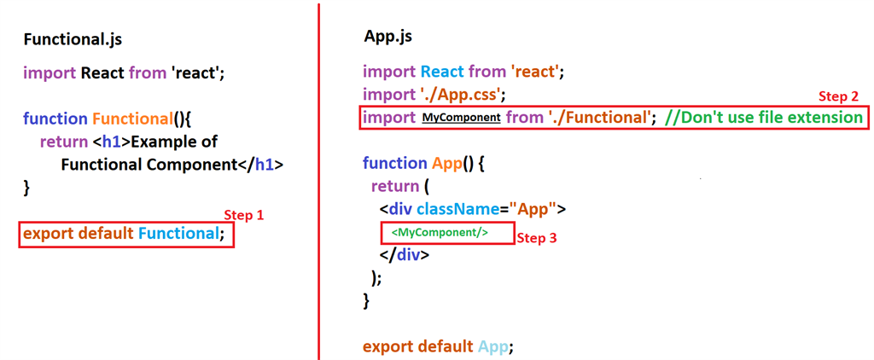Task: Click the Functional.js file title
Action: [x=79, y=40]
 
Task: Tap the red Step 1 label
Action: [x=243, y=215]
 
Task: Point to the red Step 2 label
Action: [x=838, y=96]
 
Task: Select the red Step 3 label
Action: [x=538, y=238]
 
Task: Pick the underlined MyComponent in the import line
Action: [x=461, y=118]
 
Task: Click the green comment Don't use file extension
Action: [x=763, y=117]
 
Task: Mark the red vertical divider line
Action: [x=319, y=180]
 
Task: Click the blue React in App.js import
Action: [x=441, y=73]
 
